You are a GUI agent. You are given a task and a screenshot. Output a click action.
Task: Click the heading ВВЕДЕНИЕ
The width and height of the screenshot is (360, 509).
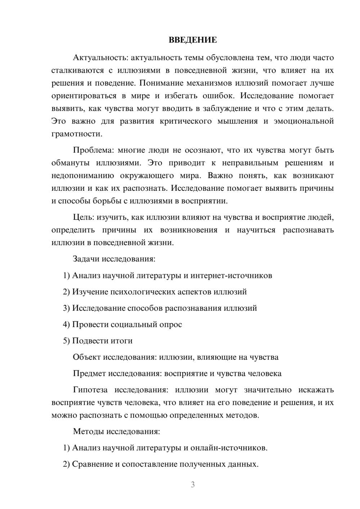tap(193, 40)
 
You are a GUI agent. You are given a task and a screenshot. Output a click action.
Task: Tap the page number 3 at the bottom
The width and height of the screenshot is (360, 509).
tap(193, 485)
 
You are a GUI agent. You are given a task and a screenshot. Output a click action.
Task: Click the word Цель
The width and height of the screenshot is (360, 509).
tap(83, 217)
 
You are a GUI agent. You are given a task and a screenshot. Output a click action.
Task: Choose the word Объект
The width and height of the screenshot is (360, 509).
tap(87, 357)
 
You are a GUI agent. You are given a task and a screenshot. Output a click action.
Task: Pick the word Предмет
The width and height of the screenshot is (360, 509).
tap(89, 373)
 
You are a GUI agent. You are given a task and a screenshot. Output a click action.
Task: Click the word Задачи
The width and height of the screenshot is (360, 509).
tap(86, 259)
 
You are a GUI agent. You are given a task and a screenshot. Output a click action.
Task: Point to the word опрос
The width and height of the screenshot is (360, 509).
tap(171, 324)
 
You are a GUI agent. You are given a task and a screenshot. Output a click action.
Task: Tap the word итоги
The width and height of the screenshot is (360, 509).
tap(122, 341)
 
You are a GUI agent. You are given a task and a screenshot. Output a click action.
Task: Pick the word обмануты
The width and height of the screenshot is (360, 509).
tap(70, 163)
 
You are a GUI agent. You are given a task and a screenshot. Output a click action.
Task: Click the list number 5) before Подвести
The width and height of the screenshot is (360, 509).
tap(67, 341)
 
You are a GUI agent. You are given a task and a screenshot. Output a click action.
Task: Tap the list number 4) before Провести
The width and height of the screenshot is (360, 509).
tap(67, 324)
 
